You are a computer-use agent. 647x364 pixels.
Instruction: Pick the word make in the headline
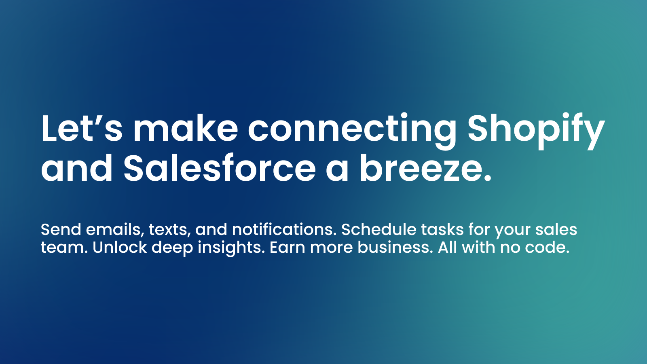(x=186, y=129)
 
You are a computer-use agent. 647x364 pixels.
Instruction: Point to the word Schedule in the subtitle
(x=378, y=230)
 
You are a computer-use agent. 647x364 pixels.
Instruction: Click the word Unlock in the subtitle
(x=120, y=248)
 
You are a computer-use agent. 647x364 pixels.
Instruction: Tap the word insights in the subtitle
(x=231, y=248)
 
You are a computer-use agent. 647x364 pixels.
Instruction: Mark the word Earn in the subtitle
(x=287, y=248)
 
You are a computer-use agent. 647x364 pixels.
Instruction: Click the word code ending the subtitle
(x=546, y=248)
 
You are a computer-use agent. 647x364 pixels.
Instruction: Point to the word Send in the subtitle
(x=61, y=230)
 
